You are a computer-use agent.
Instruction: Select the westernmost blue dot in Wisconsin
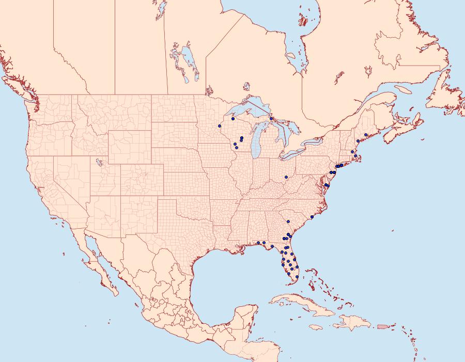(220, 126)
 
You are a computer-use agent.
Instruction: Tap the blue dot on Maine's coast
(366, 135)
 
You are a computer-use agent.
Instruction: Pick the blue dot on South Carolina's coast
(312, 217)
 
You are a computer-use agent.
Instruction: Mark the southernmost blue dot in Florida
(297, 277)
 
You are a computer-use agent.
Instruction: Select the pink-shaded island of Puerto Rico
(382, 326)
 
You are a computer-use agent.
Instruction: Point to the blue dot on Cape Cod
(355, 156)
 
